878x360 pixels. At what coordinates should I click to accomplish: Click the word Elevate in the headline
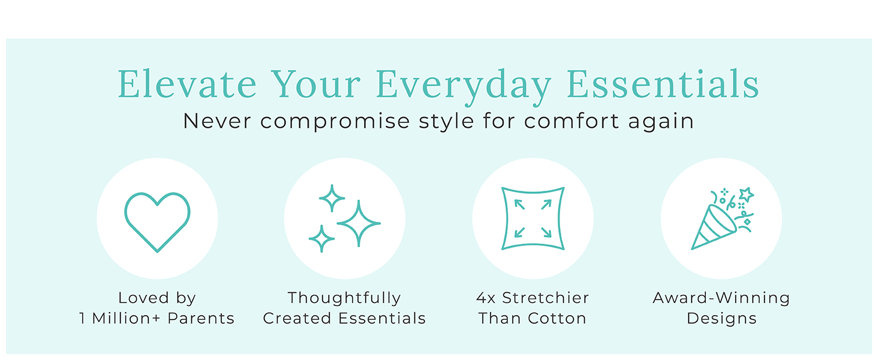point(187,84)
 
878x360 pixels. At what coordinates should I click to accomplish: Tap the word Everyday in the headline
point(464,87)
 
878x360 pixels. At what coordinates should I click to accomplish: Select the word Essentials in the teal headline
point(663,84)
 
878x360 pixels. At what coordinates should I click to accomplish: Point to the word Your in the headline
point(316,84)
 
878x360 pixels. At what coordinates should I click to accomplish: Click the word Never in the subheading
point(217,121)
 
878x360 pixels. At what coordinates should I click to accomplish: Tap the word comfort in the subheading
point(572,121)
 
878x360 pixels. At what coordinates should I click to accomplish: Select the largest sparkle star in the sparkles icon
point(359,223)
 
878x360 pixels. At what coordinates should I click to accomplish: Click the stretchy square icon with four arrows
point(503,218)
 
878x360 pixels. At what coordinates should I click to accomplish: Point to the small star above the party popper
point(746,194)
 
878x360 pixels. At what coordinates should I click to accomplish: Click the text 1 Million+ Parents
point(157,318)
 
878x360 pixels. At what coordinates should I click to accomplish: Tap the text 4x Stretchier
point(533,298)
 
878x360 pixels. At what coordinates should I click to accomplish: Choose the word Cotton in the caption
point(557,318)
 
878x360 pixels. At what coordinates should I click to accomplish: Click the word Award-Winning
point(721,298)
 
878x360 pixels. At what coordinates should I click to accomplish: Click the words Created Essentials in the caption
point(344,318)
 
